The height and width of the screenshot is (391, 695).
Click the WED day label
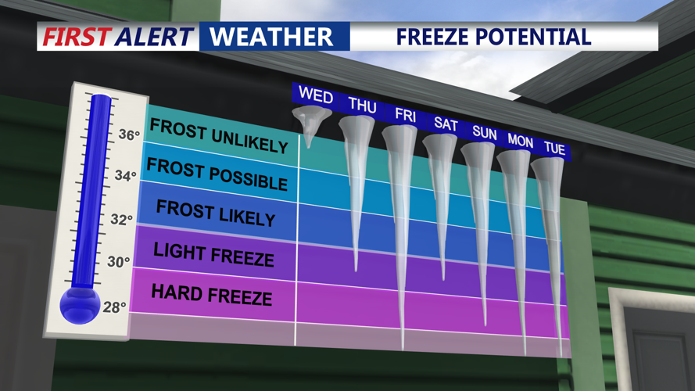316,96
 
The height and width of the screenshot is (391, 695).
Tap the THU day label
362,105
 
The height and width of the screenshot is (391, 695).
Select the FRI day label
405,115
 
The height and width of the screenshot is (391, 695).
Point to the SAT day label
446,124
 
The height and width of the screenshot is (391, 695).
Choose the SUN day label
484,133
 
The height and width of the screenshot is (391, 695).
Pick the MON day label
520,142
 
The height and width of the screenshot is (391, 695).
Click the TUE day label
554,149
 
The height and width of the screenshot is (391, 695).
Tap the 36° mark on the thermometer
128,135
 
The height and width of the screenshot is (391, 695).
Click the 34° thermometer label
126,176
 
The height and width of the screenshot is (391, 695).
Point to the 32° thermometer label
121,220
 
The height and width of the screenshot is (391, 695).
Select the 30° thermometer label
118,262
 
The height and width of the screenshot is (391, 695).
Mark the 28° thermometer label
115,307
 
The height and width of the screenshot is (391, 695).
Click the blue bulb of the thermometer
80,303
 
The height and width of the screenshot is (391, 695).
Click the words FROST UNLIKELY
219,136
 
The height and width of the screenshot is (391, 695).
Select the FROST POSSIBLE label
217,174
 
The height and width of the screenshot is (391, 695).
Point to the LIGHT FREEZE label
213,253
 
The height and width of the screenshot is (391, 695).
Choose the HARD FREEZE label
211,294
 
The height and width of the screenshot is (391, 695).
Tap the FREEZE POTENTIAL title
493,36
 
